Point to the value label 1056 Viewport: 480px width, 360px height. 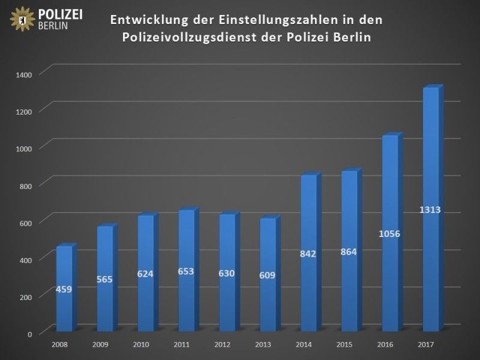coord(389,233)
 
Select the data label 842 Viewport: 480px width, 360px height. coord(308,254)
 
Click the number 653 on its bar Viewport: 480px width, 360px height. coord(186,271)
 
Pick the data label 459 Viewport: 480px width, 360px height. coord(64,289)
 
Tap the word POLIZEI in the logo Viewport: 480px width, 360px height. coord(60,14)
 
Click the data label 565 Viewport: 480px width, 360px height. coord(104,279)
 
